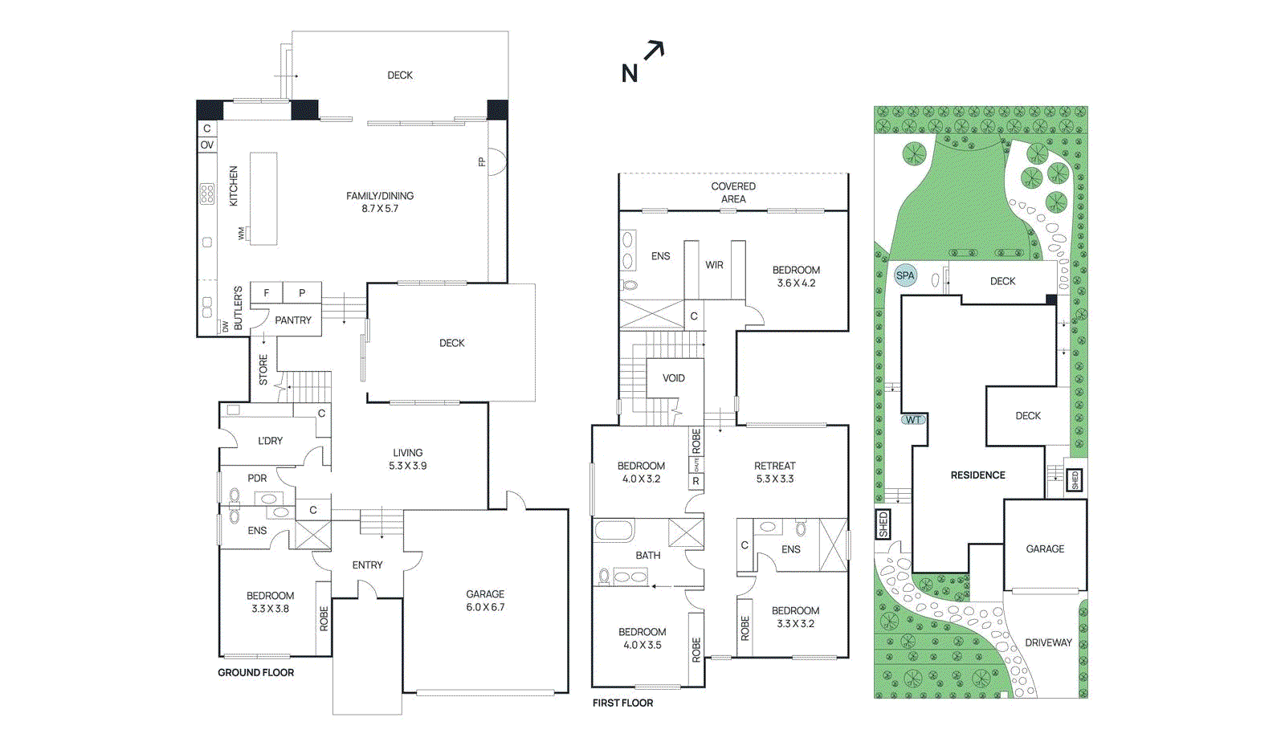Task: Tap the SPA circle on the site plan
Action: point(905,275)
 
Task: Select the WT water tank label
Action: point(914,420)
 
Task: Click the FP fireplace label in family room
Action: point(482,162)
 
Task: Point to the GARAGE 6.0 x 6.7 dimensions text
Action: point(485,607)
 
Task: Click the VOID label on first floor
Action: point(673,378)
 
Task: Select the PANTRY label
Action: point(292,320)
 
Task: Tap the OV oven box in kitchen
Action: point(207,145)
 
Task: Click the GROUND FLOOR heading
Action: point(255,673)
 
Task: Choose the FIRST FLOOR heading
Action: point(622,703)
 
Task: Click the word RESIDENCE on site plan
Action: point(977,475)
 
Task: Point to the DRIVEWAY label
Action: point(1048,642)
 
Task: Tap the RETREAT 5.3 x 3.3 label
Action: point(774,472)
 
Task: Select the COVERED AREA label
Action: point(732,193)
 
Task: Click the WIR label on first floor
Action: point(714,265)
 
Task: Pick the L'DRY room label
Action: point(270,441)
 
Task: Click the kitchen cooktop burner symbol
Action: point(207,194)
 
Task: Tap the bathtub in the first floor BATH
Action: point(614,531)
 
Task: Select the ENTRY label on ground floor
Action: point(367,565)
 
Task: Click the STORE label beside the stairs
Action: point(263,369)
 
